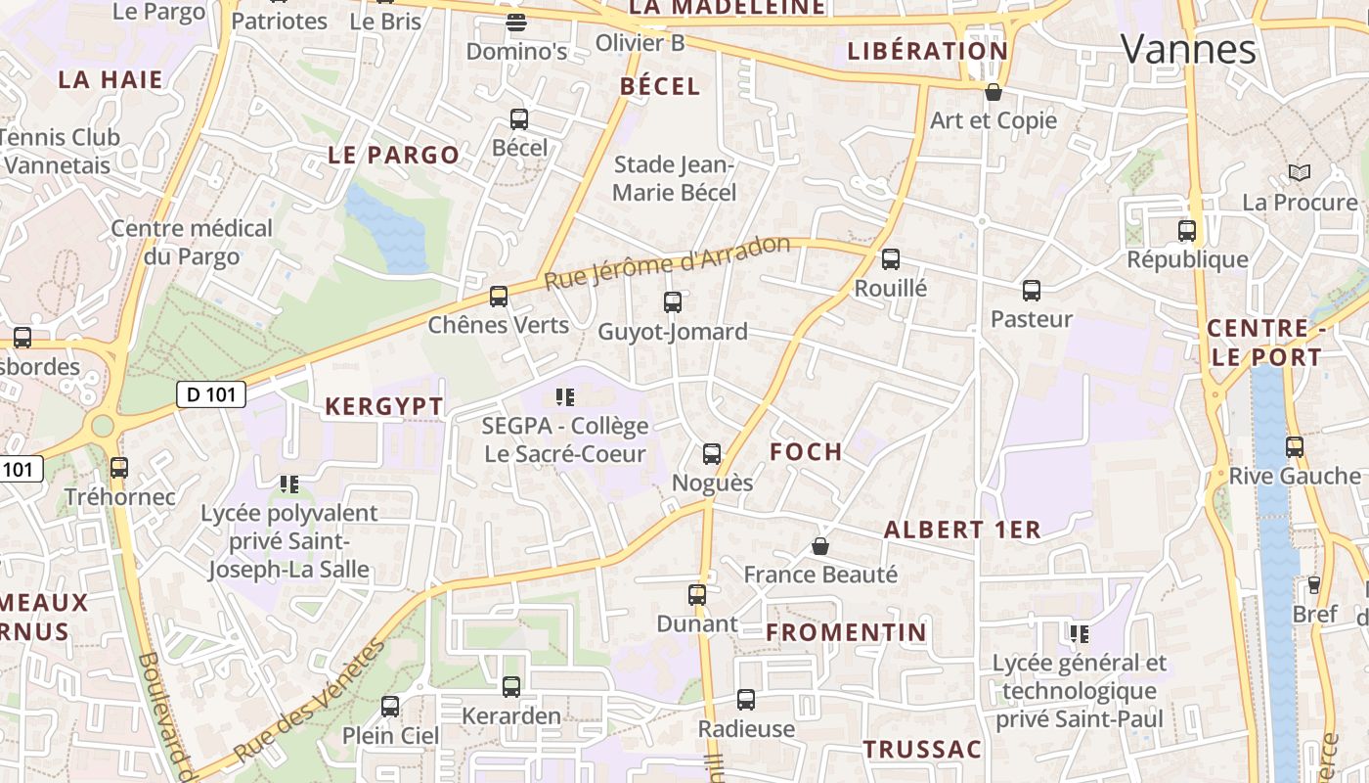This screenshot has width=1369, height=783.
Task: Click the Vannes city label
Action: pos(1188,48)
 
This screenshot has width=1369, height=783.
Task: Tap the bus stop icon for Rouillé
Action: pos(890,259)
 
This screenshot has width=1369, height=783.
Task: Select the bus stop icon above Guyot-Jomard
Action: pos(672,302)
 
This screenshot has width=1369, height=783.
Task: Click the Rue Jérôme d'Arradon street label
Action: pos(666,261)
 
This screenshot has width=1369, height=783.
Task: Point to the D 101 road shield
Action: pos(210,394)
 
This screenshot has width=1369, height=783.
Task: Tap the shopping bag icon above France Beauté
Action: pos(820,546)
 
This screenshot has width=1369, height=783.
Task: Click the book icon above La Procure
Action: pos(1299,173)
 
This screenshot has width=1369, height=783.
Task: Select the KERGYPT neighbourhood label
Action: pos(383,407)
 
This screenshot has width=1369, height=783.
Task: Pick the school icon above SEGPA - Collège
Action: pos(565,397)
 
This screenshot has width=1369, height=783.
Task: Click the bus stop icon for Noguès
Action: pos(712,454)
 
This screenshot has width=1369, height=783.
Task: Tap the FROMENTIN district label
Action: pos(846,632)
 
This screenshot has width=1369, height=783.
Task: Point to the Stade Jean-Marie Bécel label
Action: pos(674,178)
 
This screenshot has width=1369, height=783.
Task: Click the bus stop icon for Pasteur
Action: pos(1031,291)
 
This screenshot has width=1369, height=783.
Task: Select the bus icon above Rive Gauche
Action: pos(1295,447)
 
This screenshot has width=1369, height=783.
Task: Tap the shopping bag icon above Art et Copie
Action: pos(994,92)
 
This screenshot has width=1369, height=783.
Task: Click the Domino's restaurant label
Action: pos(516,51)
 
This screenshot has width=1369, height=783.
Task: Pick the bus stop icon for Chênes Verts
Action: pos(499,296)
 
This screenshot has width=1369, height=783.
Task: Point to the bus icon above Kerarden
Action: pos(511,687)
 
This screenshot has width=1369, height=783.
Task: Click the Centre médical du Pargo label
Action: pos(192,243)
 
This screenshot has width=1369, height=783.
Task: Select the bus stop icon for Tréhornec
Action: pos(119,468)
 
